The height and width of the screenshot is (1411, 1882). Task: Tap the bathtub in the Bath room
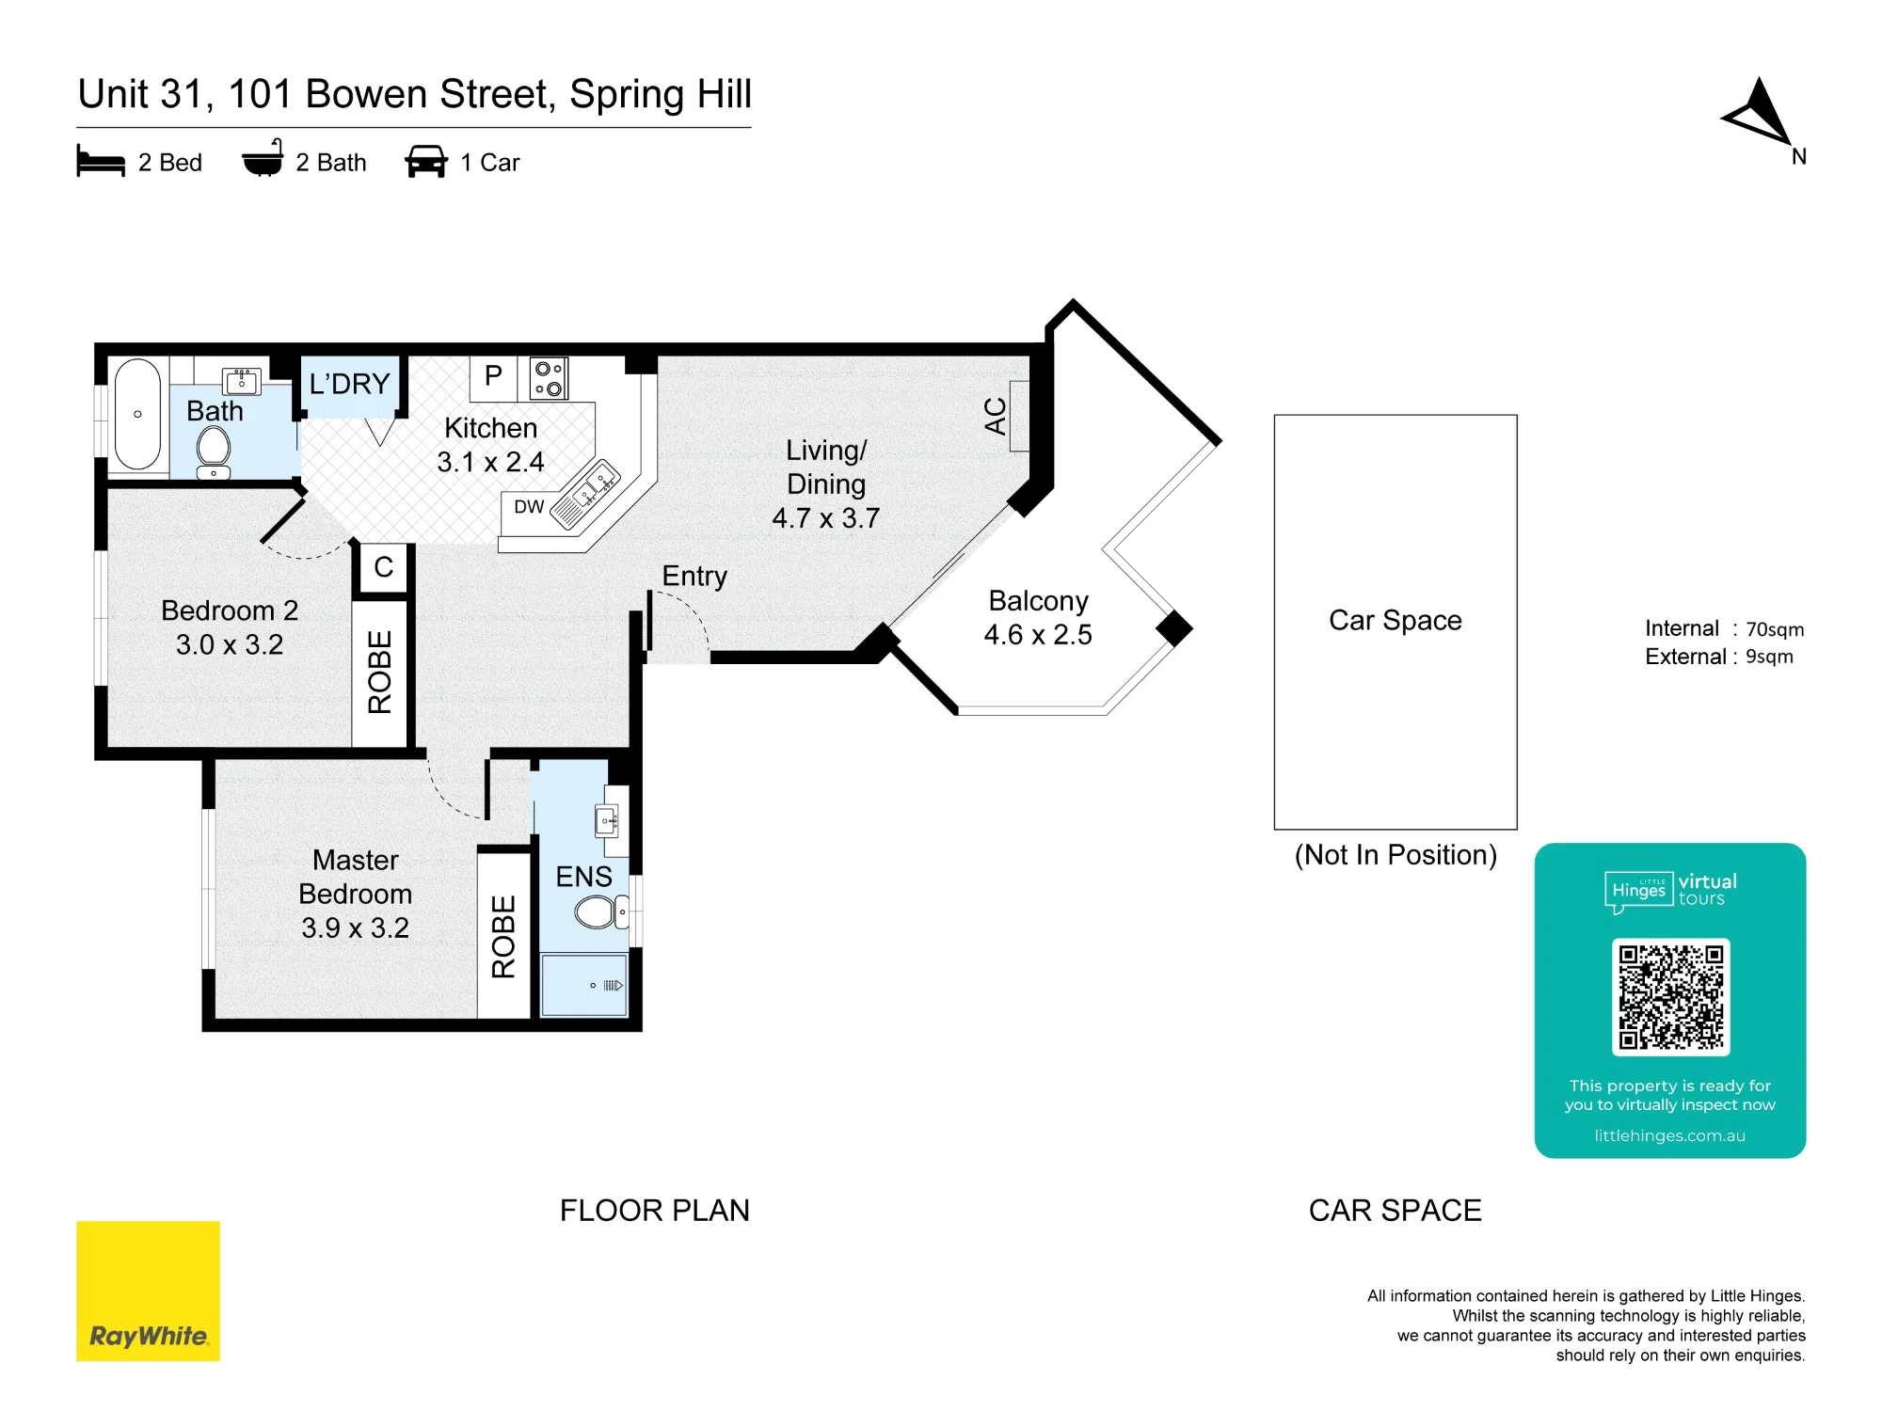pos(137,414)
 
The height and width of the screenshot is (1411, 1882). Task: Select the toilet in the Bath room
pos(215,452)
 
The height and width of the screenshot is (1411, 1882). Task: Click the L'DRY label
pos(349,384)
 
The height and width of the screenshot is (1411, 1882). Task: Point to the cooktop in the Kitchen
pos(549,378)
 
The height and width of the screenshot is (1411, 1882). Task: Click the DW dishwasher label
pos(529,507)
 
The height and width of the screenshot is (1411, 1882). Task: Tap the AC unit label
pos(996,416)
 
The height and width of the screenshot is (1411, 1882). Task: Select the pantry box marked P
pos(493,376)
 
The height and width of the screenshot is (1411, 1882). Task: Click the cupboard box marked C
pos(384,567)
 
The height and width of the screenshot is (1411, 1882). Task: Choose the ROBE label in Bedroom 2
pos(379,672)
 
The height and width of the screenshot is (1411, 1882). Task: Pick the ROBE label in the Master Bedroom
pos(504,937)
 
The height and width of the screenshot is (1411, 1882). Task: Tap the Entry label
pos(694,576)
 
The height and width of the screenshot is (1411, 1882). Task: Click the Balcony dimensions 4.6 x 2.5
pos(1038,635)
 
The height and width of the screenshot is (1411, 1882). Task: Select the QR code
pos(1670,997)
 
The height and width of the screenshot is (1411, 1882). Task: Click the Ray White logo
pos(148,1291)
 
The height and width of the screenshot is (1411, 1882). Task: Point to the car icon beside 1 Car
pos(426,161)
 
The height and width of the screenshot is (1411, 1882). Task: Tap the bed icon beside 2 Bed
pos(101,161)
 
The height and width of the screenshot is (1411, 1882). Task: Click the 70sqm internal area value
pos(1775,629)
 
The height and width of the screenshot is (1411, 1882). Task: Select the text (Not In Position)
pos(1396,855)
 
